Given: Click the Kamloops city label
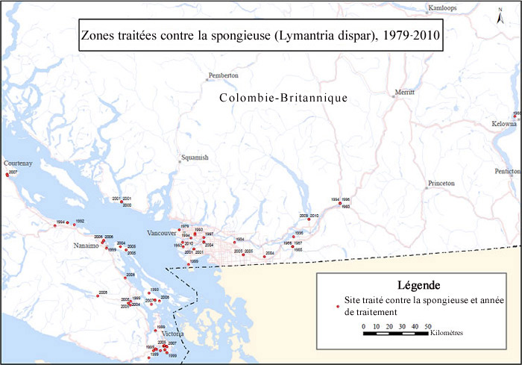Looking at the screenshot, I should pos(440,8).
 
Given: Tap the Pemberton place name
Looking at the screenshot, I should pos(224,75).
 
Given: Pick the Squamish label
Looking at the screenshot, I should pos(195,157).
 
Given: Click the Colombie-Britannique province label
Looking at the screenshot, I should pos(284,99).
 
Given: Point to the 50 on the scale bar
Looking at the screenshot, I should pos(428,326).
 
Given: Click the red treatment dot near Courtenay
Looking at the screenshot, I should pos(7,175).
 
